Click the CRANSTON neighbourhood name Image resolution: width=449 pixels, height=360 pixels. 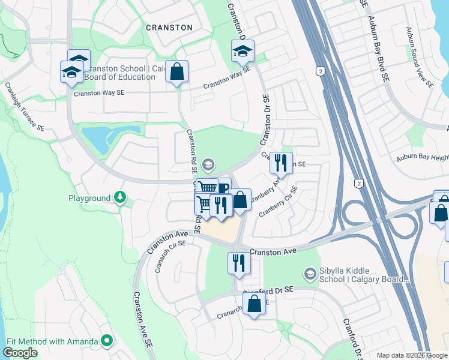coord(169,28)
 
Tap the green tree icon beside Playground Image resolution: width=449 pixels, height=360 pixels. coord(120,197)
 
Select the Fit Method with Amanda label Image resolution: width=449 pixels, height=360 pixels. coord(52,341)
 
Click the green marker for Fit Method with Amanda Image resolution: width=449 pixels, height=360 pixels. coord(107,341)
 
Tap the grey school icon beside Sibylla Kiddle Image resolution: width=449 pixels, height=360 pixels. coord(310,274)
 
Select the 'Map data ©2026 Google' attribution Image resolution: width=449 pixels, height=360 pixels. coord(412,355)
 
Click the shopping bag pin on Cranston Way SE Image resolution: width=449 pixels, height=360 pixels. coord(177,72)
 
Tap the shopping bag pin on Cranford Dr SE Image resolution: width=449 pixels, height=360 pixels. coord(255,304)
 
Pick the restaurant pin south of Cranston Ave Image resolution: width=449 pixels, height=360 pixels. coord(239,262)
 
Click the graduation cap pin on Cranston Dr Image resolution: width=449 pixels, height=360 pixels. coord(243,52)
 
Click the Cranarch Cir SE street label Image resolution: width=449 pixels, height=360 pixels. coord(170,256)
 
